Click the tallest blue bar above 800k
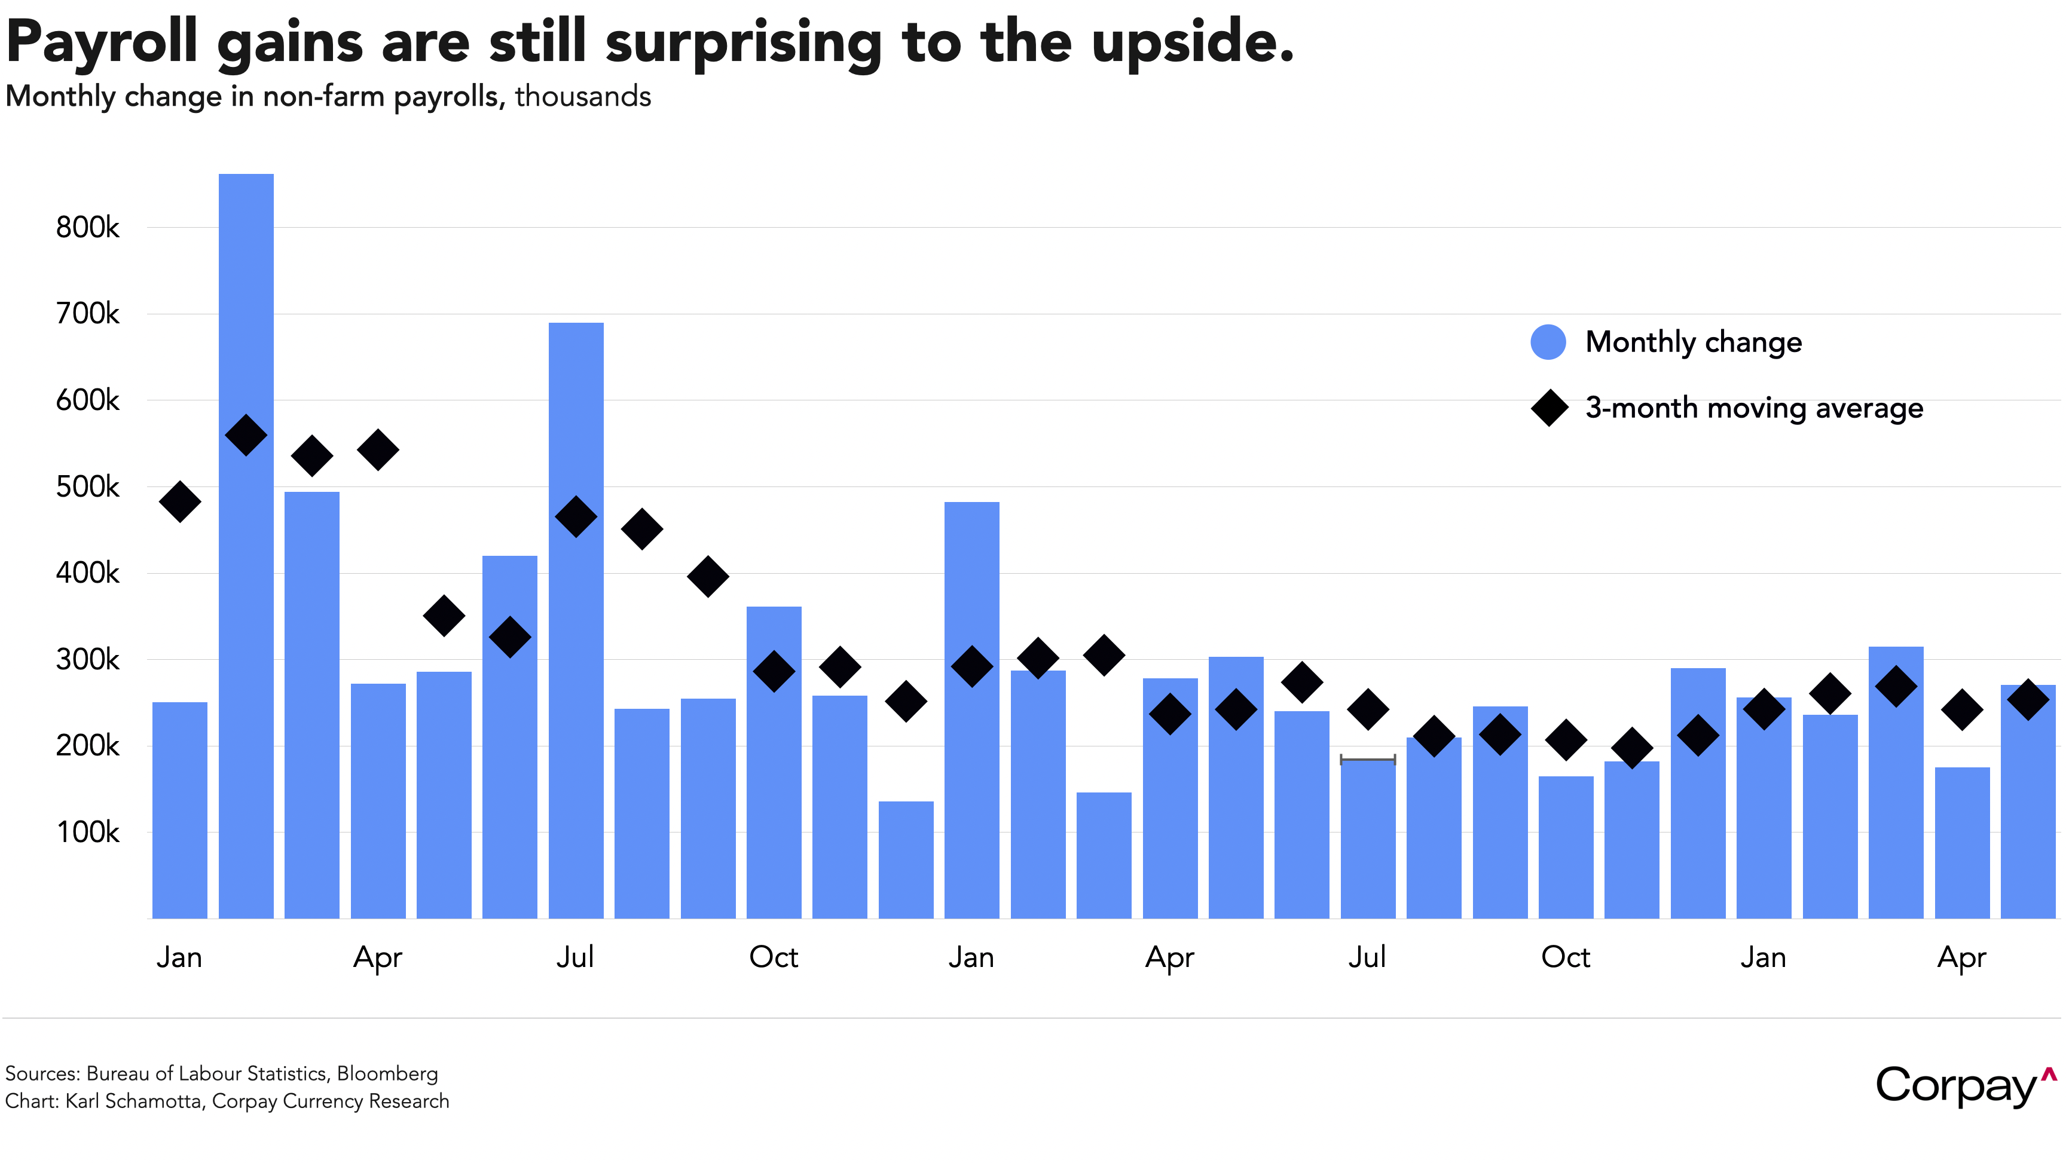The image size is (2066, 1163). click(246, 546)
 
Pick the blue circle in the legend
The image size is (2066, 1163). click(1548, 342)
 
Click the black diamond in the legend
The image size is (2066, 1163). click(1549, 408)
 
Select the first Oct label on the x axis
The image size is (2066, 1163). click(773, 957)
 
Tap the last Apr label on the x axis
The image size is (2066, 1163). click(1962, 957)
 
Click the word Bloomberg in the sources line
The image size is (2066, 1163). click(387, 1073)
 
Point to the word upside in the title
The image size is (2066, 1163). click(1192, 42)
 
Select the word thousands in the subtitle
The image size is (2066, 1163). click(583, 96)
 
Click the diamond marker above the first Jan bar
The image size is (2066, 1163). click(180, 502)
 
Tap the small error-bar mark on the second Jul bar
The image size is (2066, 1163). click(1367, 759)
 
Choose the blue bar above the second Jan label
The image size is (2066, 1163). click(972, 710)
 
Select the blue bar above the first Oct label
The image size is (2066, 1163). click(774, 762)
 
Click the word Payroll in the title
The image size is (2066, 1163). click(101, 42)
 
